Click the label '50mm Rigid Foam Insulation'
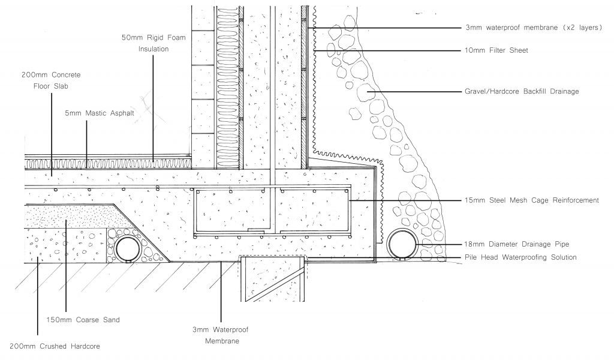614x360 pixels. [153, 43]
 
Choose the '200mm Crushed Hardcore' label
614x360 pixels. [55, 347]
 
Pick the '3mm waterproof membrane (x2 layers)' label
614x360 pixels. [534, 28]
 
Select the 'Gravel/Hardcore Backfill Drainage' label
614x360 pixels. [522, 92]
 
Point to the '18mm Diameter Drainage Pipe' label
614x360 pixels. [515, 244]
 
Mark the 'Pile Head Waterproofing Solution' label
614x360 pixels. [520, 257]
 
